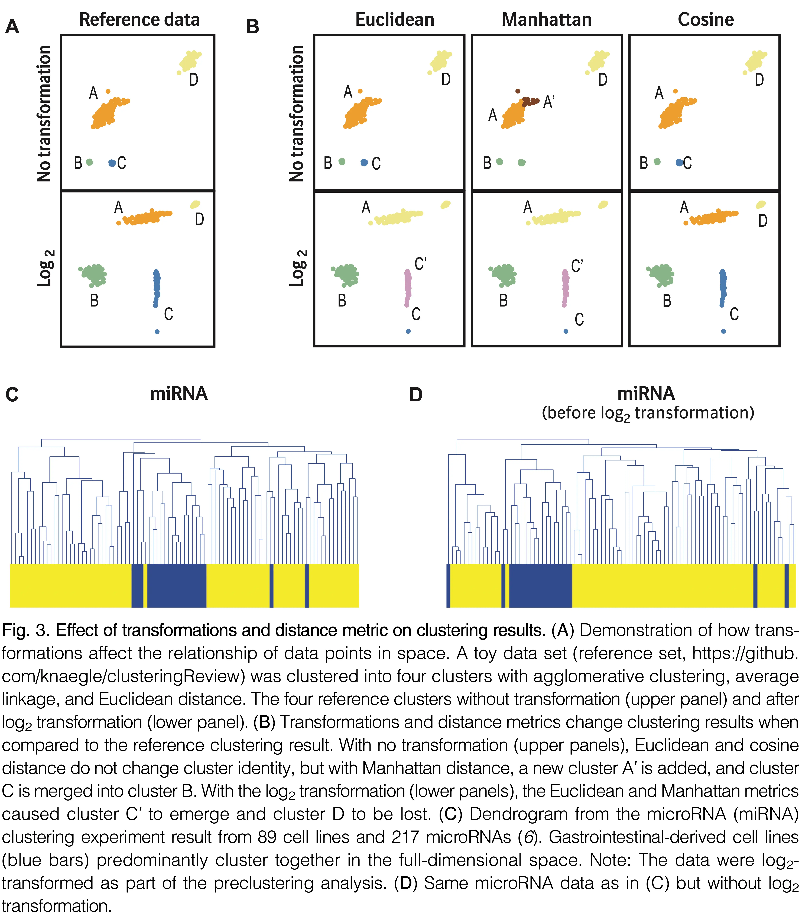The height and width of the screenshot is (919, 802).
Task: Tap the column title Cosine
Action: click(x=706, y=20)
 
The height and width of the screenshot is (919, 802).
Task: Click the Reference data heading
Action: click(x=139, y=20)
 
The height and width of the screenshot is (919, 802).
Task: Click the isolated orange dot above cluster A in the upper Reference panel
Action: click(x=108, y=91)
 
